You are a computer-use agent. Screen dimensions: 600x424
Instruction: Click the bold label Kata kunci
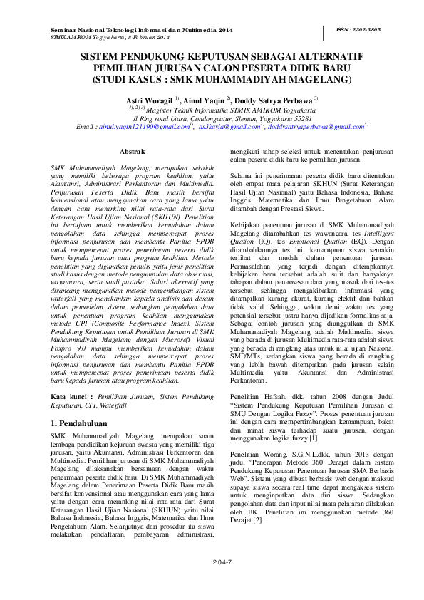pos(73,394)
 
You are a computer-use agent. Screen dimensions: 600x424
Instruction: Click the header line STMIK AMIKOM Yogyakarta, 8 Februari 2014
pos(110,37)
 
